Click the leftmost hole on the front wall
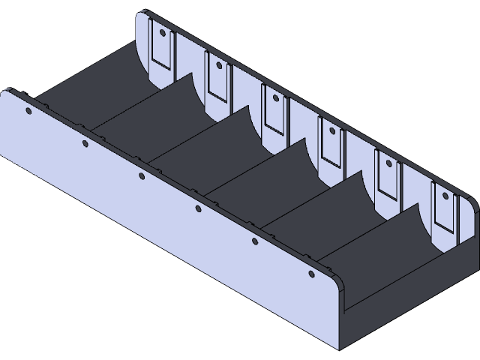[x=28, y=112]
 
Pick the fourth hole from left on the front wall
[x=198, y=208]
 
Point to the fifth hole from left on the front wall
[x=254, y=241]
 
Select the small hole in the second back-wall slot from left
[x=218, y=65]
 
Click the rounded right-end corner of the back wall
[x=472, y=206]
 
